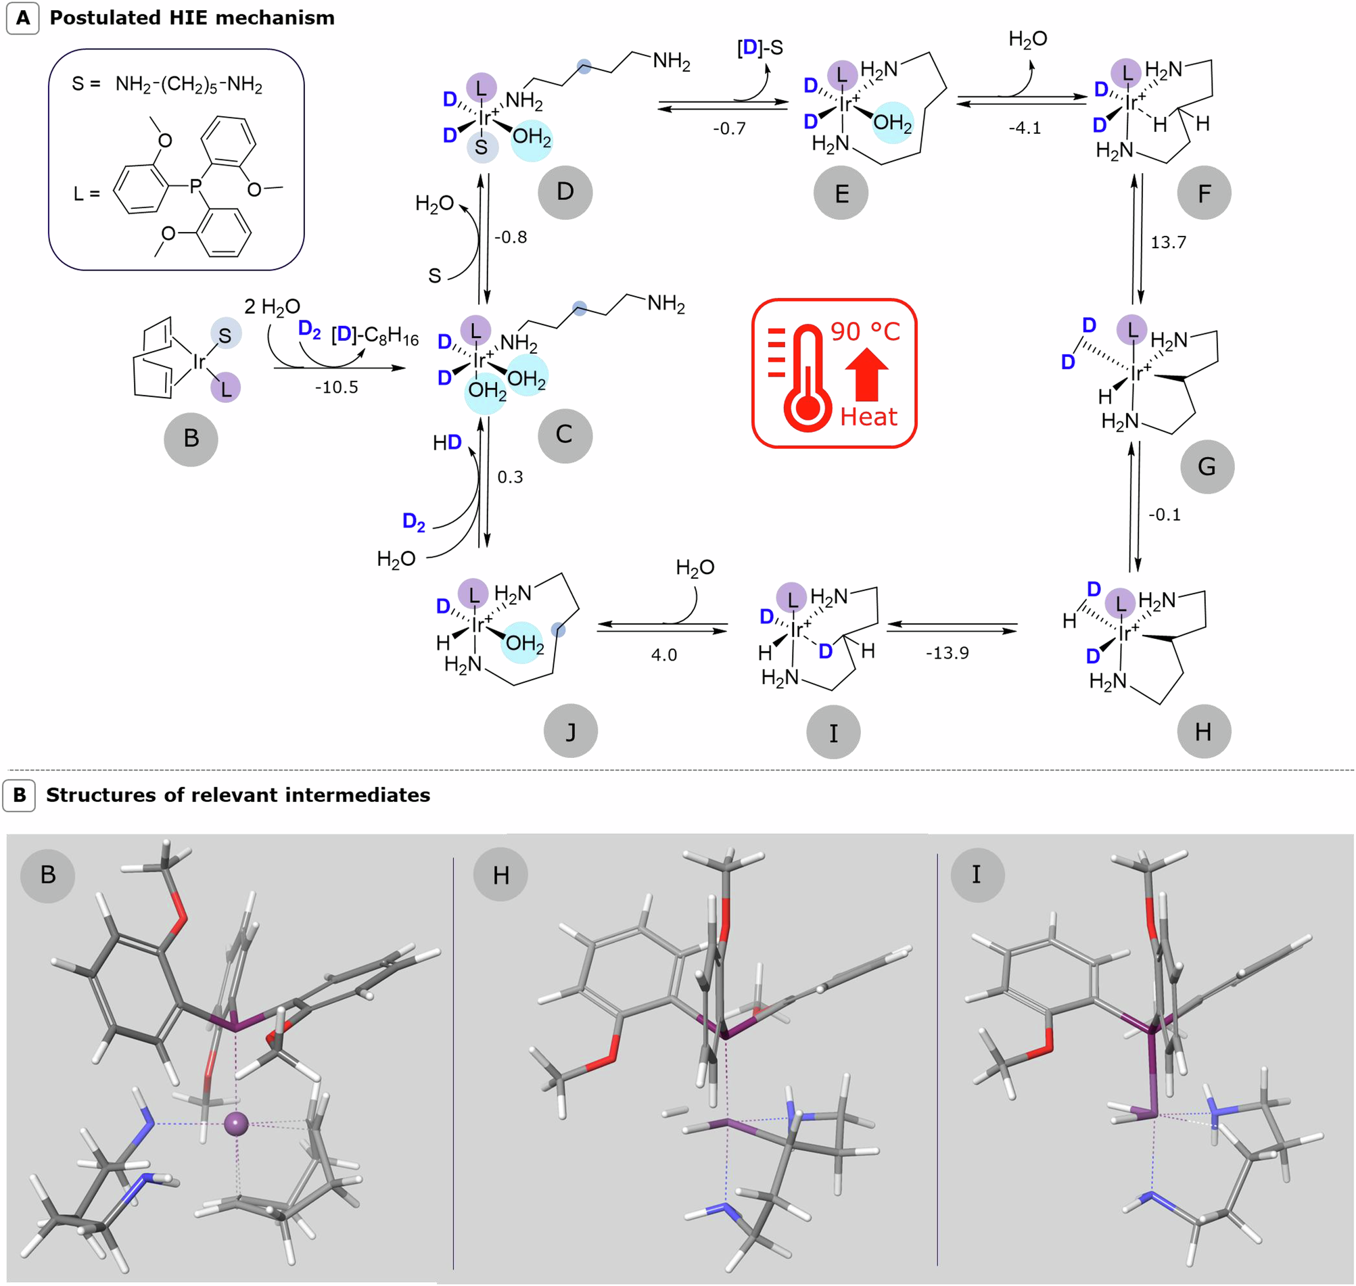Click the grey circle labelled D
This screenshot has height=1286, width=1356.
(565, 192)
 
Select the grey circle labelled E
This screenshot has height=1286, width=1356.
(841, 193)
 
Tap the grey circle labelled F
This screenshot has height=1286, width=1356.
(1204, 193)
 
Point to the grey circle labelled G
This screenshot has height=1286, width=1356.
(1207, 467)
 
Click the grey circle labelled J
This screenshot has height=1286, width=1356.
(570, 732)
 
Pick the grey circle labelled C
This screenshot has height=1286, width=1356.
(564, 435)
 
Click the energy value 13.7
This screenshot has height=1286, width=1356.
(1168, 243)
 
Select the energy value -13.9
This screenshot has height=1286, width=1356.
(947, 652)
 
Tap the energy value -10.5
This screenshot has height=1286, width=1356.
(336, 387)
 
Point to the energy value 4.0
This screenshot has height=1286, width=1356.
(663, 654)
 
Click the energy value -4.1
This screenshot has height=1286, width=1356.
(1024, 128)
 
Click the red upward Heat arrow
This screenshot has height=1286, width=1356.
(866, 375)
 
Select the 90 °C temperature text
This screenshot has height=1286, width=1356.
(865, 332)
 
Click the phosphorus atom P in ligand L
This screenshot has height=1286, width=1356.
(196, 186)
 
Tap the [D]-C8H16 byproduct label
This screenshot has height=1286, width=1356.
(374, 336)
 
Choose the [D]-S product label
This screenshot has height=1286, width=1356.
(759, 48)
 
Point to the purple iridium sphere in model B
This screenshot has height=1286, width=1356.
(237, 1124)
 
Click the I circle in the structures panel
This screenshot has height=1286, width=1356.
(977, 875)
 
